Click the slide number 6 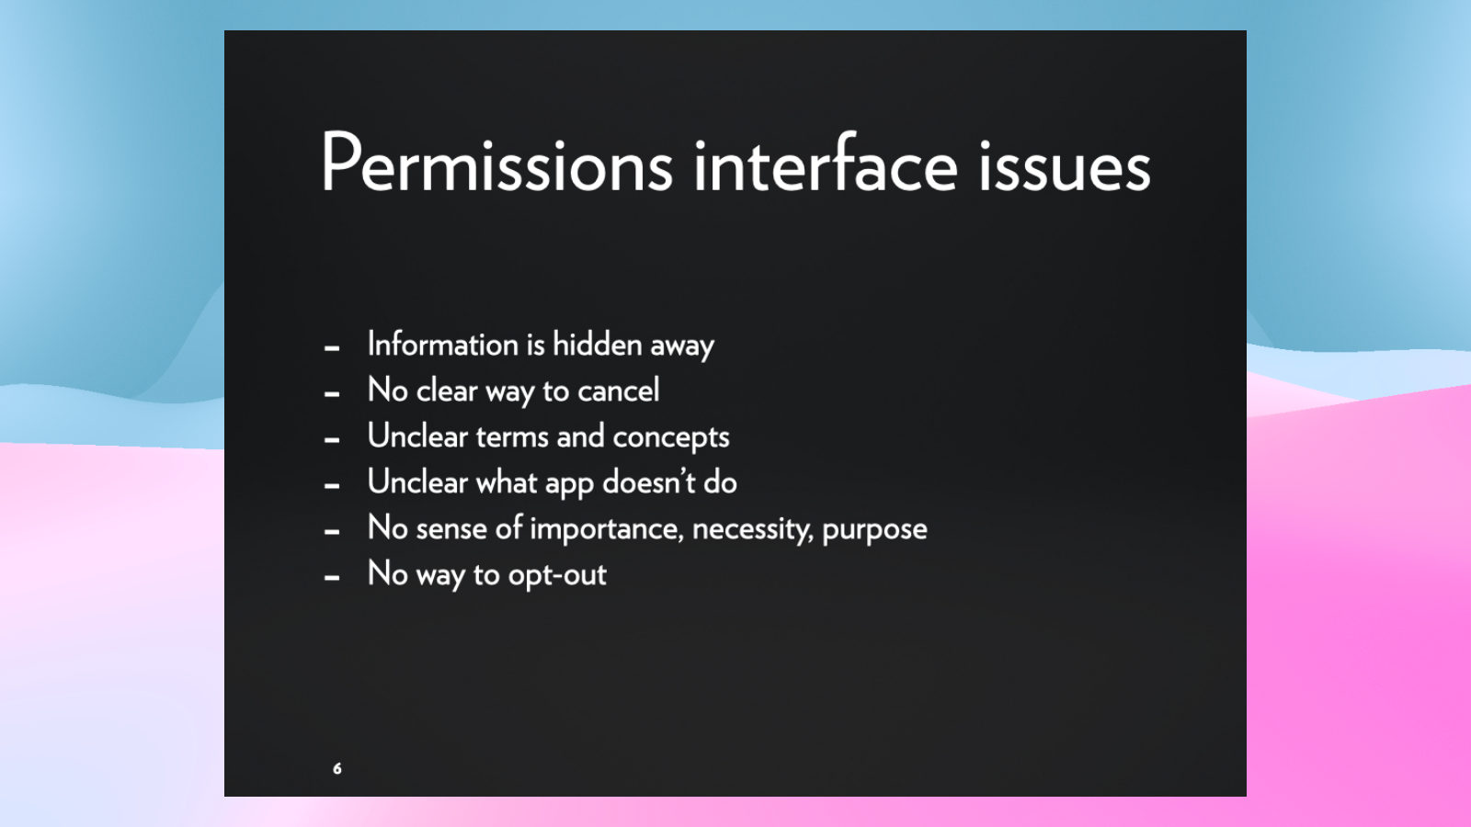(336, 768)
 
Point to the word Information (443, 345)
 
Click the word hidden (597, 344)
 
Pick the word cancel (618, 391)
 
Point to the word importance (607, 529)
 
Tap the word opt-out (557, 576)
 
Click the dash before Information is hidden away (332, 348)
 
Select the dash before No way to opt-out (332, 578)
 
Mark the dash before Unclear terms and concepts (332, 440)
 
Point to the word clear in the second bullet (447, 391)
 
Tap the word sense (451, 530)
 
